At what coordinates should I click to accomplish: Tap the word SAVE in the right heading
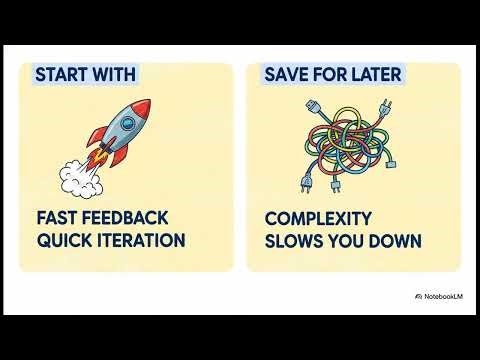click(x=284, y=75)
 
